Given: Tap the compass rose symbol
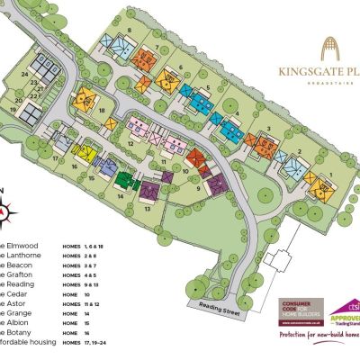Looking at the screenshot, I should coord(8,211).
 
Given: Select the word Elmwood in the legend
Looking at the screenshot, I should coord(21,246).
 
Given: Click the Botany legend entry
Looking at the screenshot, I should coord(19,332).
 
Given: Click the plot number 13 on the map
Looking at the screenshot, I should coord(147,208).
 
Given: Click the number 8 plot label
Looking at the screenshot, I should coord(130,31).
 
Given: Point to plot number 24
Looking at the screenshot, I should coord(26,74).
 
